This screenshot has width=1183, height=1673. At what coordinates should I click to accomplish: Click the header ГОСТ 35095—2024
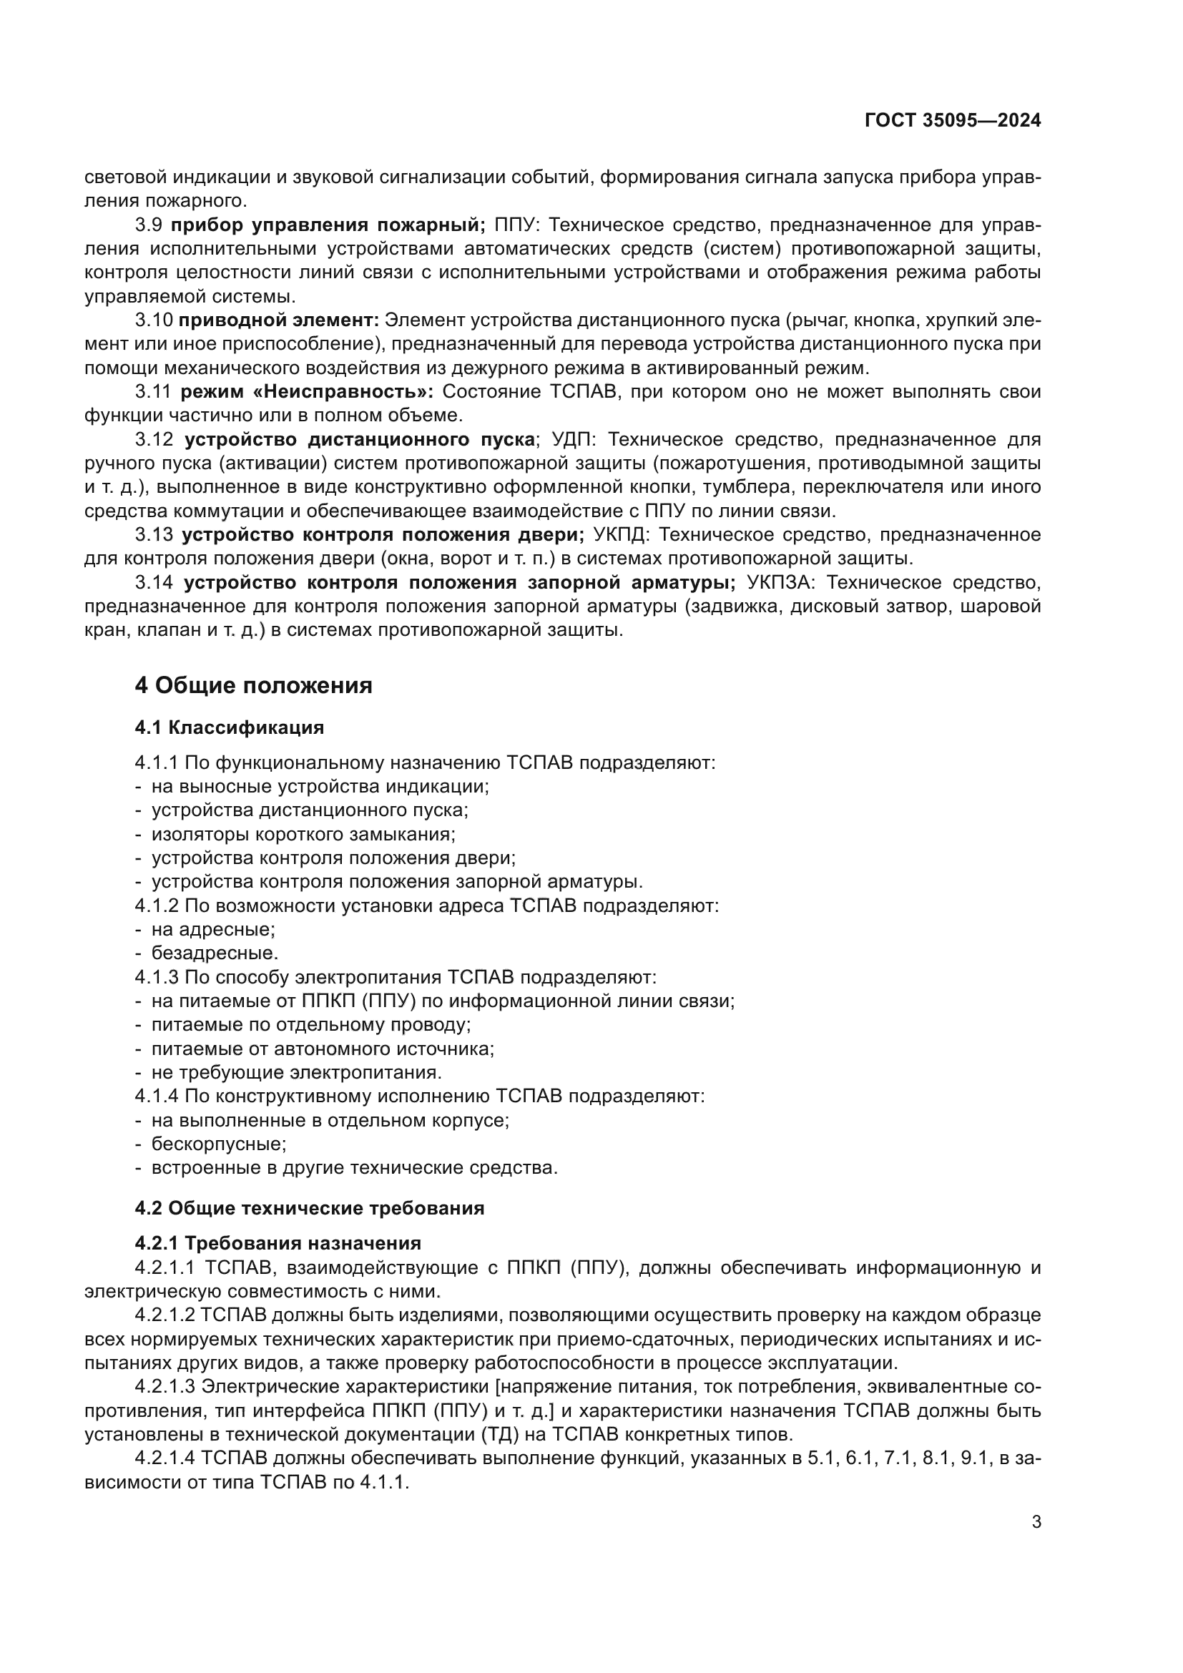[x=952, y=121]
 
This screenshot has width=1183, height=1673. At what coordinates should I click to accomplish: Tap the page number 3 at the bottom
[x=1036, y=1521]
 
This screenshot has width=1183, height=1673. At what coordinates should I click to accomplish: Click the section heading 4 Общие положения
[x=253, y=686]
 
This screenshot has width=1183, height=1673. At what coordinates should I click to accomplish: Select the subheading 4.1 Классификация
[x=230, y=727]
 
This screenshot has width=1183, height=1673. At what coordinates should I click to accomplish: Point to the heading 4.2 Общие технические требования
[x=310, y=1208]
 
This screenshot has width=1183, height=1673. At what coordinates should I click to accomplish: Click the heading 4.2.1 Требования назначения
[x=278, y=1243]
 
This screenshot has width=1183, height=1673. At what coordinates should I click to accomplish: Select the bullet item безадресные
[x=214, y=953]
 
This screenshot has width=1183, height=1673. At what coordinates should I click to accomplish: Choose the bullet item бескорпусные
[x=219, y=1144]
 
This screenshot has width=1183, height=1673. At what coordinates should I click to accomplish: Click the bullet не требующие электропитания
[x=297, y=1073]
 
